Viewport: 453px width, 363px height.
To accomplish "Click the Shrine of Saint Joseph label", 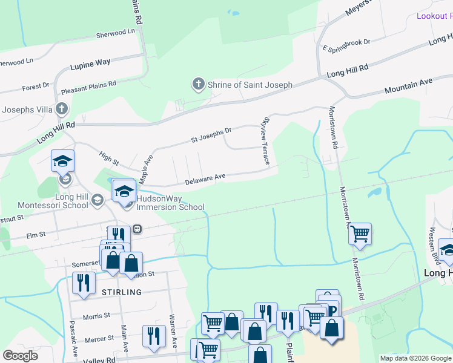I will pyautogui.click(x=250, y=85).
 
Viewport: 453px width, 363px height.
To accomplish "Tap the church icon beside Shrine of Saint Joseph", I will pyautogui.click(x=199, y=84).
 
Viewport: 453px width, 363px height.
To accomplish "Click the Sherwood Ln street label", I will pyautogui.click(x=115, y=33).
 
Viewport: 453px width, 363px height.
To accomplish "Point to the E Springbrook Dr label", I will pyautogui.click(x=346, y=44).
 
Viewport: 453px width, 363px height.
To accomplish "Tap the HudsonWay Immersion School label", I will pyautogui.click(x=171, y=202).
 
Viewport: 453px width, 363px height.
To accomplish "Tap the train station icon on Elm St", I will pyautogui.click(x=137, y=229).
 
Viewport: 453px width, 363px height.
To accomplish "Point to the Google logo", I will pyautogui.click(x=21, y=356).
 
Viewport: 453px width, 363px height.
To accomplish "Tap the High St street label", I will pyautogui.click(x=110, y=159).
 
